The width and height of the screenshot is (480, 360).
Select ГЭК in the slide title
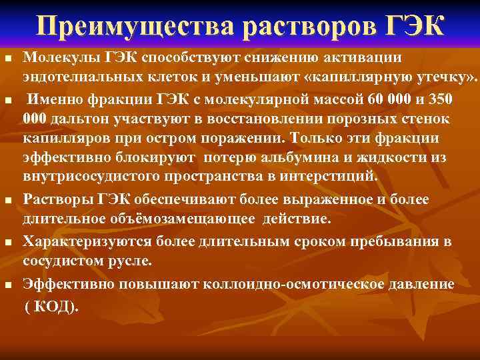pyautogui.click(x=416, y=26)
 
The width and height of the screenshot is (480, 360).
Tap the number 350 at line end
pyautogui.click(x=439, y=100)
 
